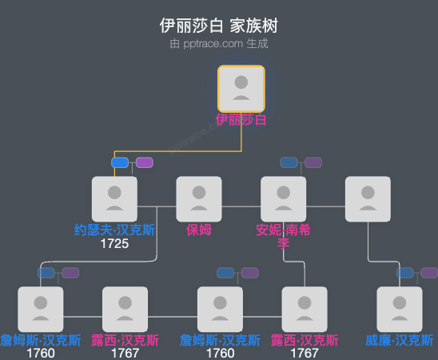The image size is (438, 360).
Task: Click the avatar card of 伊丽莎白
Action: (241, 88)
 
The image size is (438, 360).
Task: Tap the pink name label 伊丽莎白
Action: (241, 120)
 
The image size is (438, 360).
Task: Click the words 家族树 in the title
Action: (253, 26)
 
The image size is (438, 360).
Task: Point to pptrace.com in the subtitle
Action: (213, 44)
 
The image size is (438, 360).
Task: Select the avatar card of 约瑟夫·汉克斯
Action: (114, 198)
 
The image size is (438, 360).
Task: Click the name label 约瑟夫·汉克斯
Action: (114, 230)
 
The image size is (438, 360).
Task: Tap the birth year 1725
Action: (114, 243)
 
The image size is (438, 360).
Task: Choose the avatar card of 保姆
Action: (199, 198)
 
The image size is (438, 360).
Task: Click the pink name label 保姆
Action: (199, 230)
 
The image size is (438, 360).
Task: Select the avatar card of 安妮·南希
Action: (284, 198)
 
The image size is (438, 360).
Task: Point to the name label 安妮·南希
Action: (284, 230)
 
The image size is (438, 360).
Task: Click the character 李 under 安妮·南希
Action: (284, 243)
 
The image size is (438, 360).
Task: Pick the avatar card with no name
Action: (368, 198)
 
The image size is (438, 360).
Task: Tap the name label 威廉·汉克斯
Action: (400, 340)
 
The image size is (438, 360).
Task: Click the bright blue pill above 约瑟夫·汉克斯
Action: (120, 162)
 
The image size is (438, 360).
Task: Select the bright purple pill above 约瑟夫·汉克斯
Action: (144, 162)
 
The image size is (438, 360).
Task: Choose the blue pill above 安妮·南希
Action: (289, 162)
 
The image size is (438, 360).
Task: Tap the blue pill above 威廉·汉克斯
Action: (405, 273)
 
